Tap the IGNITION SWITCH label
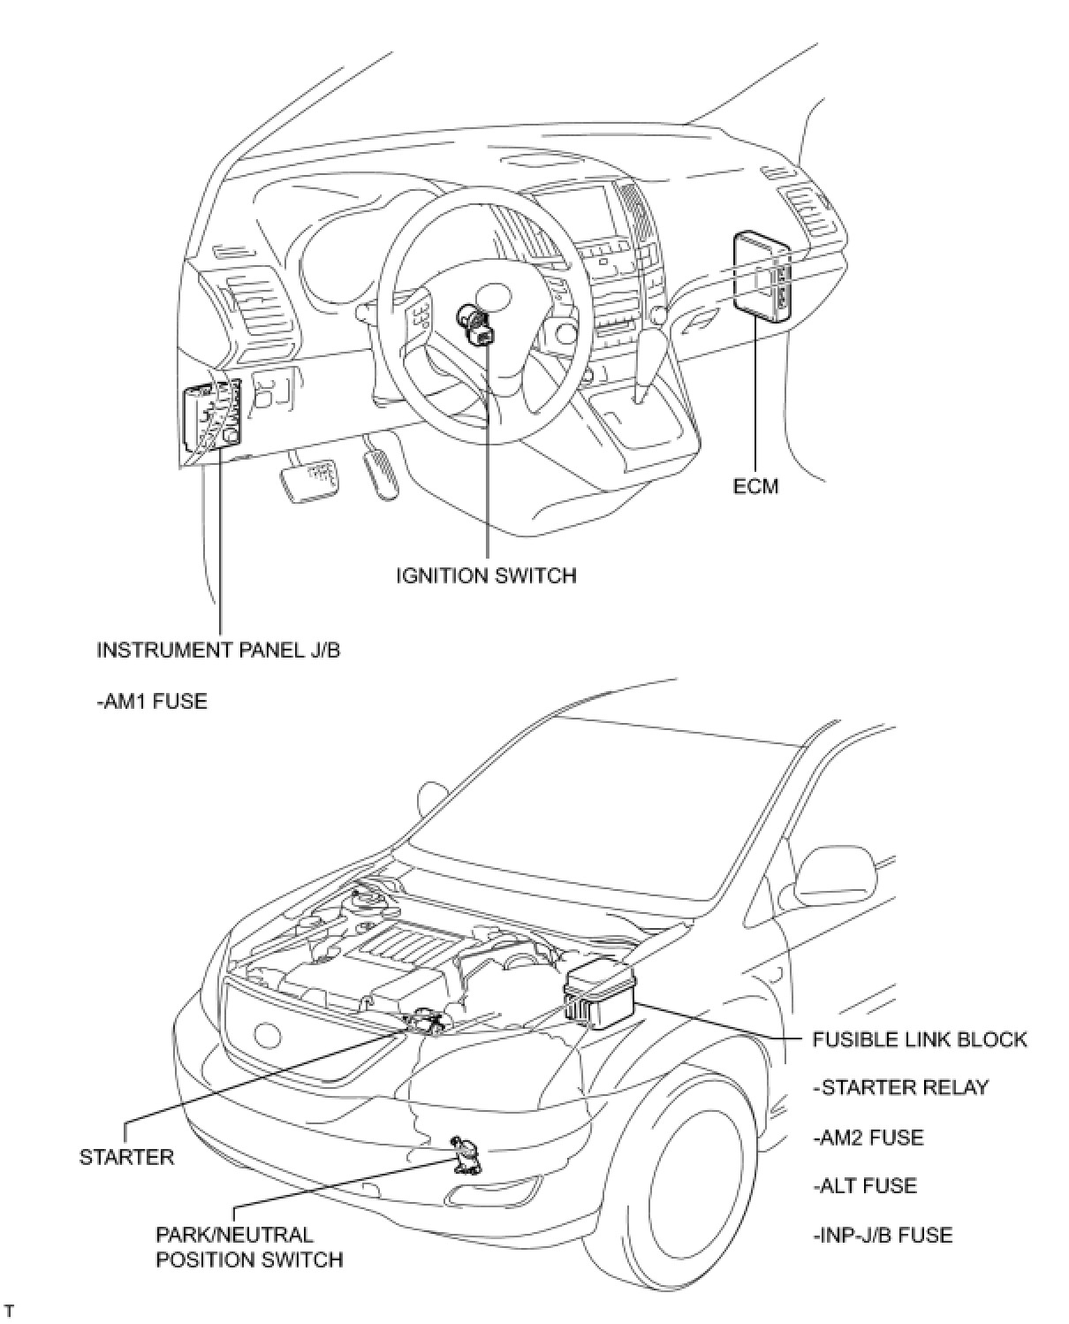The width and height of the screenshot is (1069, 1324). [486, 575]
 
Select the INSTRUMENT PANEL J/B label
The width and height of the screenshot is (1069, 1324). [218, 651]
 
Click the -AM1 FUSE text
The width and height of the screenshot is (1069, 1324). [152, 702]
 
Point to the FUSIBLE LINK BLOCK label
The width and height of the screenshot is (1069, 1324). [920, 1039]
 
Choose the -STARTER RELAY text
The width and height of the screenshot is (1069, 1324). [900, 1087]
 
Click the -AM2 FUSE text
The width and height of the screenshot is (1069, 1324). [868, 1137]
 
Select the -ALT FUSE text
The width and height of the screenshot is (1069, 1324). [865, 1185]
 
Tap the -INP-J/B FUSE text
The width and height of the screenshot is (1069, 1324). [883, 1234]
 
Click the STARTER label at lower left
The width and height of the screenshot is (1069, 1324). [127, 1157]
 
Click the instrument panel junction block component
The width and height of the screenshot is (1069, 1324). [212, 416]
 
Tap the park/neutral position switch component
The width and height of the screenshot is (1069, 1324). [465, 1156]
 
